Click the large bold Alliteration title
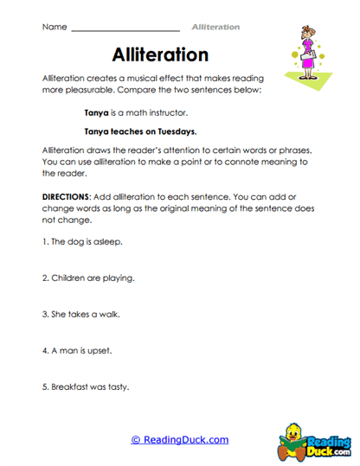tap(161, 54)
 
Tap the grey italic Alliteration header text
tap(215, 27)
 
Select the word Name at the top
tap(54, 27)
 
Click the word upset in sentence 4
tap(99, 351)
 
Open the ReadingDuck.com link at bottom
tap(179, 439)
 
